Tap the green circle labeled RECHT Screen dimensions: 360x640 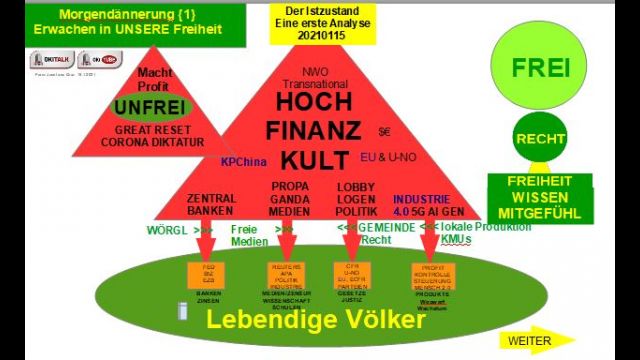pos(540,139)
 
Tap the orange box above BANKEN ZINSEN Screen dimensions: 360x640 pos(208,273)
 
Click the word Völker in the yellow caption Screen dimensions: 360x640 pos(373,322)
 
